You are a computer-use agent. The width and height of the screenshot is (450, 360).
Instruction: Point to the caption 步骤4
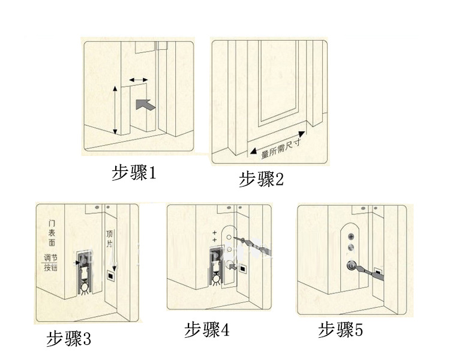pyautogui.click(x=206, y=329)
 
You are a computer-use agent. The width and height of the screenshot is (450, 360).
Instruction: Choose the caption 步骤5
pyautogui.click(x=340, y=329)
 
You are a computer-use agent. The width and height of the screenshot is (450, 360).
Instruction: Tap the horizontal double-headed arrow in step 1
pyautogui.click(x=139, y=80)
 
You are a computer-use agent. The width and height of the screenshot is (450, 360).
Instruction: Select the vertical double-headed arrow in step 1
pyautogui.click(x=115, y=110)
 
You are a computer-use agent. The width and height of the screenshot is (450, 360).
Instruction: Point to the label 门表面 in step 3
pyautogui.click(x=53, y=235)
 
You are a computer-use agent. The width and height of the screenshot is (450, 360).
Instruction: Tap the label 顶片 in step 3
pyautogui.click(x=110, y=238)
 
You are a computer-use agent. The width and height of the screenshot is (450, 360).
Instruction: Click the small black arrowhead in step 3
pyautogui.click(x=78, y=261)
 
